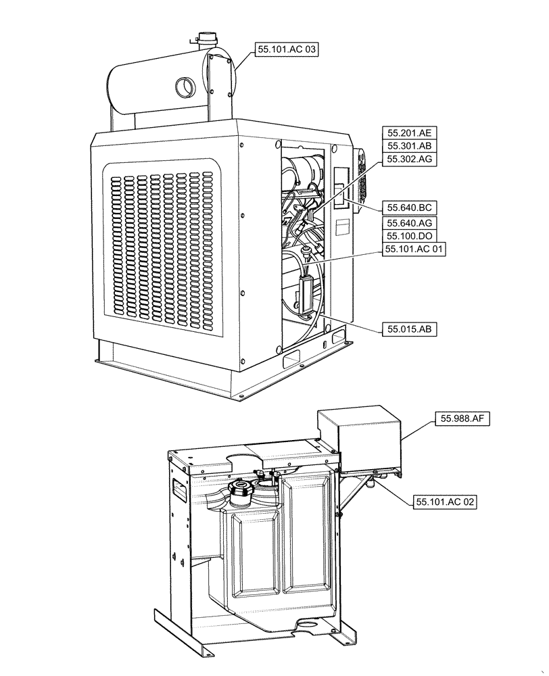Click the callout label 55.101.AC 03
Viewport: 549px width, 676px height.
[285, 49]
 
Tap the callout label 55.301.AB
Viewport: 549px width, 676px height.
[408, 146]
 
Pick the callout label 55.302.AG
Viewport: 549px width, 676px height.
[408, 159]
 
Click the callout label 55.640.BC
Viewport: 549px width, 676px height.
[408, 208]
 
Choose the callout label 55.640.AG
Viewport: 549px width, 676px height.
[408, 222]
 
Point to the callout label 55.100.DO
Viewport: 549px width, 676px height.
[408, 236]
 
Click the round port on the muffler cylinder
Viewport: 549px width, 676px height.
[185, 87]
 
